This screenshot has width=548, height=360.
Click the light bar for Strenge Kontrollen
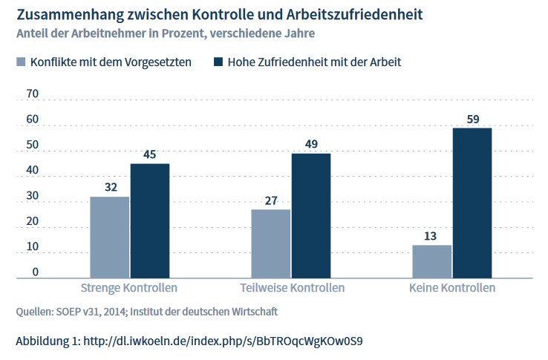(x=110, y=238)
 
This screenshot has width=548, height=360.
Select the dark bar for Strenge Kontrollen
(x=150, y=221)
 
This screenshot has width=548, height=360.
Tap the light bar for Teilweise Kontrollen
(x=271, y=244)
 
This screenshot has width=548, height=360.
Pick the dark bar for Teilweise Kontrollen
(x=311, y=216)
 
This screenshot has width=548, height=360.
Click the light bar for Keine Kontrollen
(x=432, y=262)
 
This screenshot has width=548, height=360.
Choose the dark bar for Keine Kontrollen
(x=472, y=203)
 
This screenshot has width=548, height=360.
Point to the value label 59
(x=473, y=120)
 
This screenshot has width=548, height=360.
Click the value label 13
(x=430, y=236)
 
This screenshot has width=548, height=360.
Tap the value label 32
(x=111, y=187)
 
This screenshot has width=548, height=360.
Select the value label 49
(x=311, y=144)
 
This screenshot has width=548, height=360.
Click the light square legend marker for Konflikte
(x=21, y=62)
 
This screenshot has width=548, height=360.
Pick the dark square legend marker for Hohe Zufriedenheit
(x=218, y=62)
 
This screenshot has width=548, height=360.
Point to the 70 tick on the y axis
(x=32, y=94)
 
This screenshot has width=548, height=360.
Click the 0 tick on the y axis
(x=36, y=272)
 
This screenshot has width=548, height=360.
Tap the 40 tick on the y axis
(x=32, y=170)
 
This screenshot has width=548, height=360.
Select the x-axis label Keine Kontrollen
(x=452, y=288)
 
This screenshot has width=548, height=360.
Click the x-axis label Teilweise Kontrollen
(x=292, y=288)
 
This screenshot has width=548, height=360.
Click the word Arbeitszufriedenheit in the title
(x=354, y=15)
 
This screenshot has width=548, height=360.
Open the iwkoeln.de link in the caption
(x=223, y=341)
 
